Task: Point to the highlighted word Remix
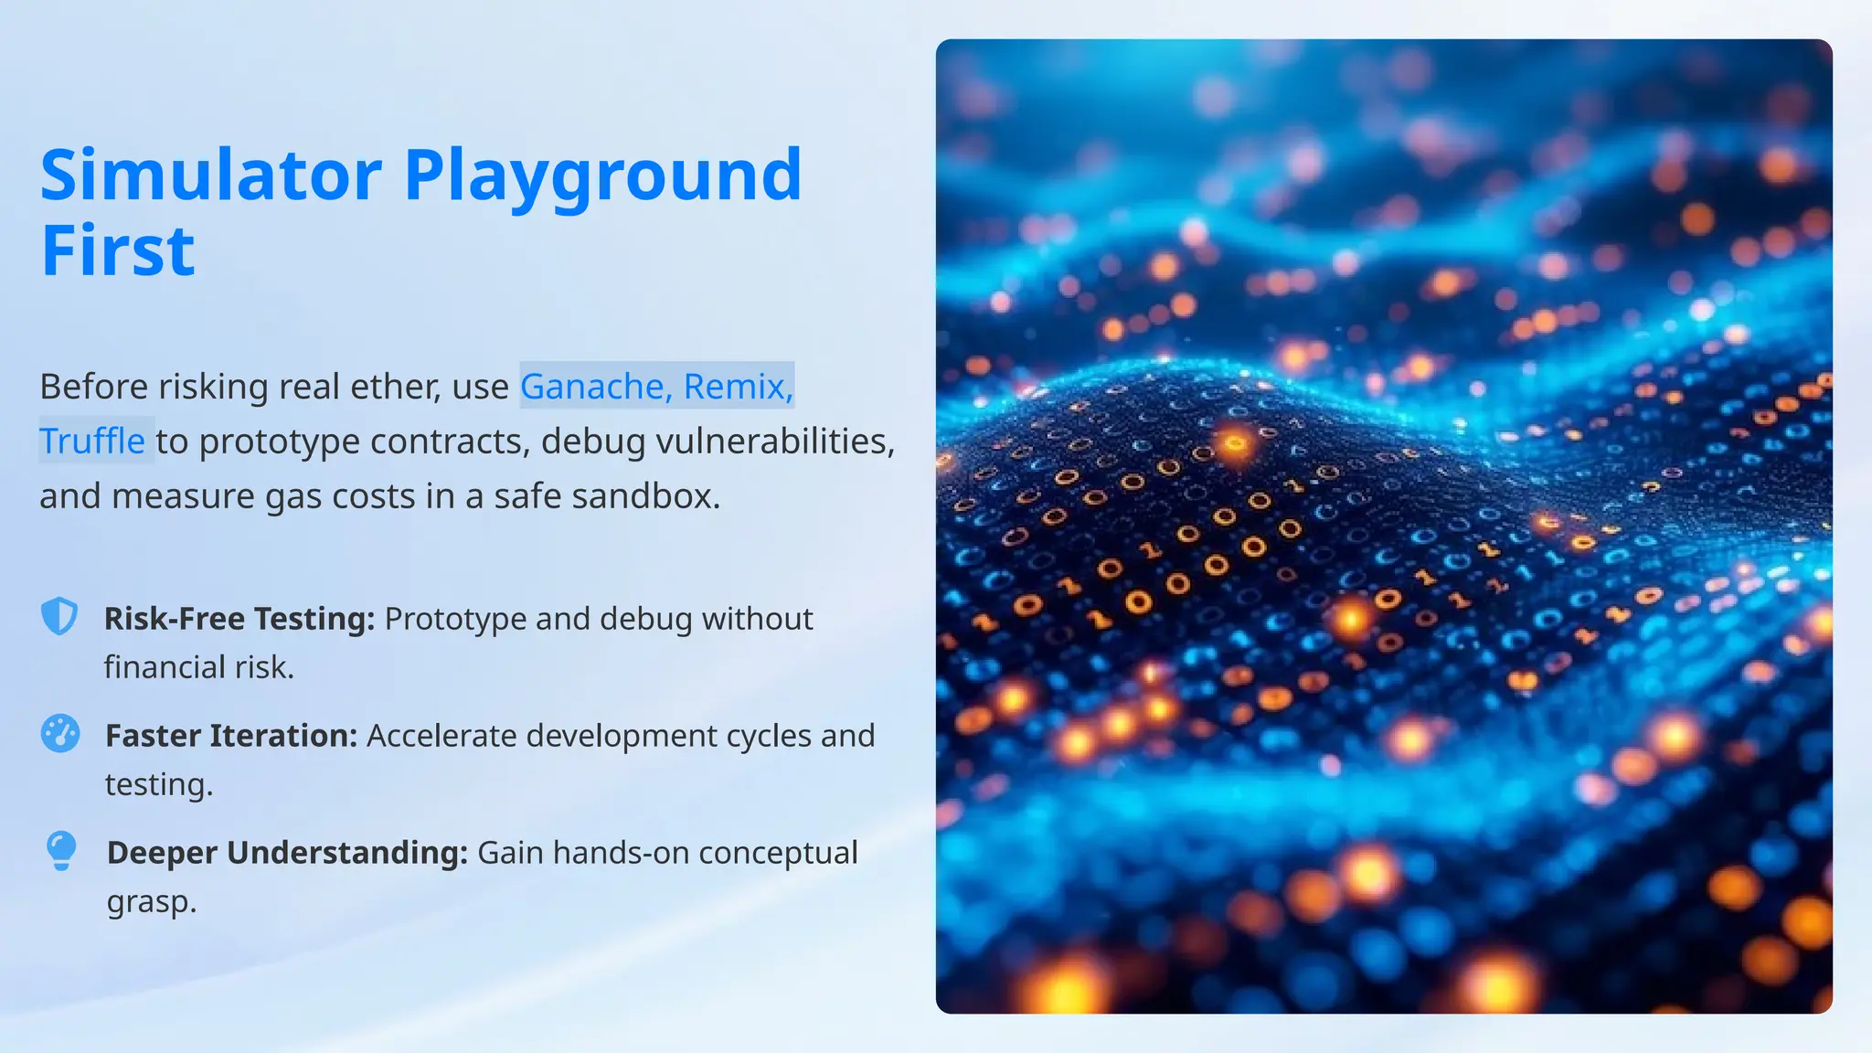pos(737,387)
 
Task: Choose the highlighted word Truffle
pos(92,441)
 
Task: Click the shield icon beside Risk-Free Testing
pos(60,617)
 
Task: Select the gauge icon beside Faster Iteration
pos(60,733)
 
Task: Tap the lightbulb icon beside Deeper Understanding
pos(61,851)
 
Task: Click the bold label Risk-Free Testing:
pos(239,619)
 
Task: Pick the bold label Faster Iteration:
pos(231,736)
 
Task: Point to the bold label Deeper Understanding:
pos(287,853)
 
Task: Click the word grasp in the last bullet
pos(150,902)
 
